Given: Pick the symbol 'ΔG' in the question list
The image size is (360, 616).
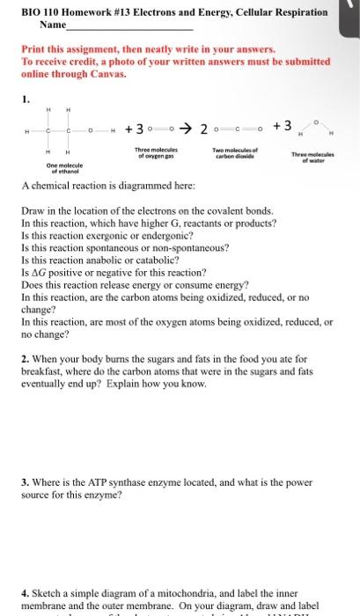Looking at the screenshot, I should point(39,273).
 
